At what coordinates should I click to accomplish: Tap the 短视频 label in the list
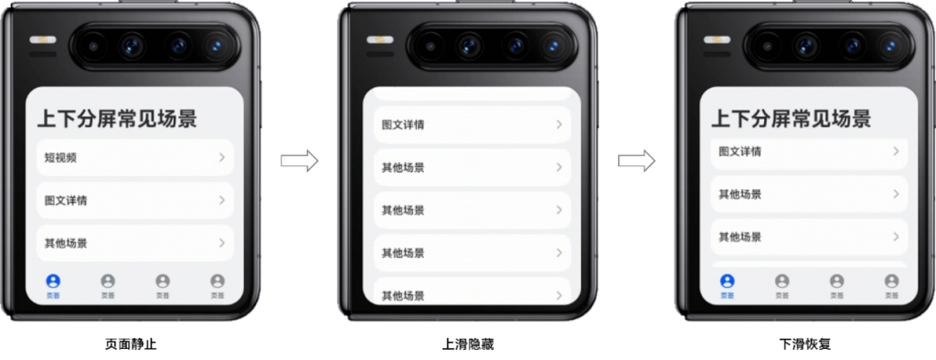60,157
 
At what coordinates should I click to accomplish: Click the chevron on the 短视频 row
221,157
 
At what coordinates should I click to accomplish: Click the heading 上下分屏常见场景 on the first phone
116,118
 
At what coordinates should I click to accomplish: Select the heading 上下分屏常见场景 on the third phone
791,118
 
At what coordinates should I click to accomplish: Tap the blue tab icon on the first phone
53,281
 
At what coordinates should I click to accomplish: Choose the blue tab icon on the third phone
728,281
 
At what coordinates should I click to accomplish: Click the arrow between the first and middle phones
299,161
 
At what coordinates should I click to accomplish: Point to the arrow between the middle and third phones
637,161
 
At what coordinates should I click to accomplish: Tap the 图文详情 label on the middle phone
403,124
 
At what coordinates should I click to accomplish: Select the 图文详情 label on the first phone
66,200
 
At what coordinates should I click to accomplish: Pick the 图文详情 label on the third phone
739,152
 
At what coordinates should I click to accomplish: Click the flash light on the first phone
42,40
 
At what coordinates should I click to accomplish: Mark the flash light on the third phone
717,40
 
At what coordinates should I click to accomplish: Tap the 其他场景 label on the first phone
66,243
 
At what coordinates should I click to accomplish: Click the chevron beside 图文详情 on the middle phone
558,124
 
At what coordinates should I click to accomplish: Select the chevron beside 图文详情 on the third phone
896,152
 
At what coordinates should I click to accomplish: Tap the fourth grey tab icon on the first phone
217,281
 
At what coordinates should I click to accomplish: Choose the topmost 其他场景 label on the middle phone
403,167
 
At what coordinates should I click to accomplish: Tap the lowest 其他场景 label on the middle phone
403,295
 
